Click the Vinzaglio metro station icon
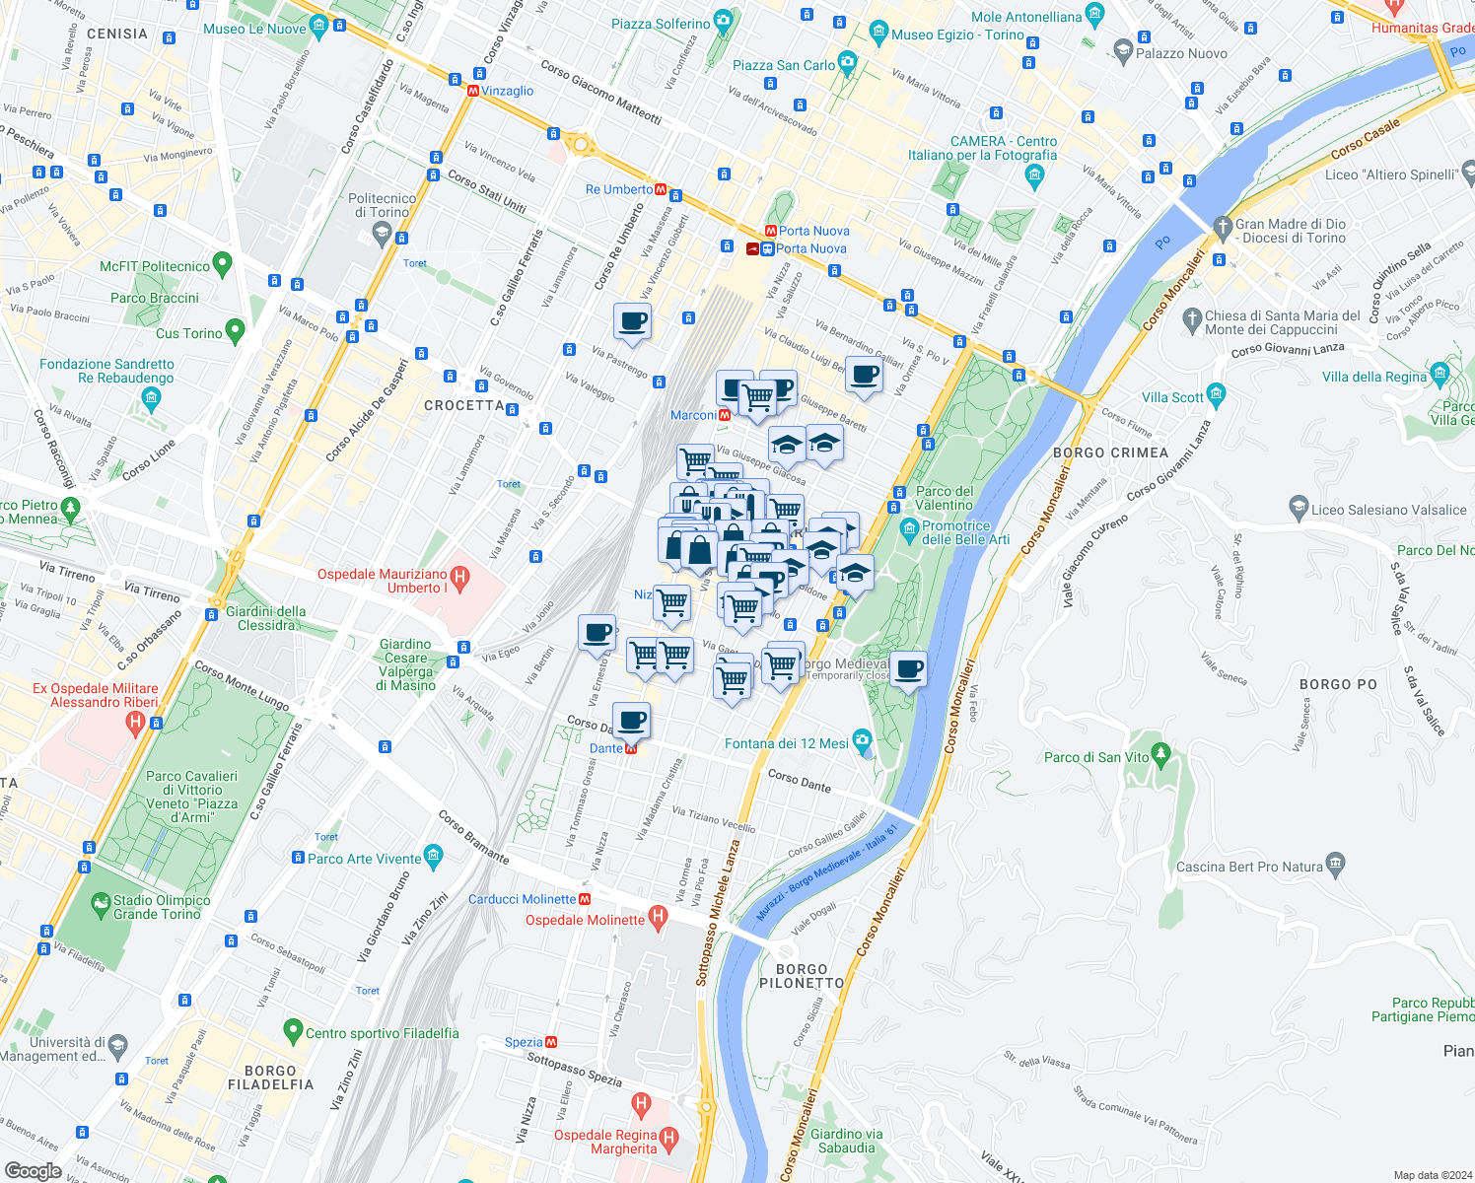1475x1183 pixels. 473,91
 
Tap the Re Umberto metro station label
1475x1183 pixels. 618,189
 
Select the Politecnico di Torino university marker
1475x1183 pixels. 382,234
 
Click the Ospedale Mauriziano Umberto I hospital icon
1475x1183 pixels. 458,576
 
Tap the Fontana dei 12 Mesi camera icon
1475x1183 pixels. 863,740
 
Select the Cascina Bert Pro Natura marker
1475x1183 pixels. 1335,864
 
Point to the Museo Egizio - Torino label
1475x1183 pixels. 957,35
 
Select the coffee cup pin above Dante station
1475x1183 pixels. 631,721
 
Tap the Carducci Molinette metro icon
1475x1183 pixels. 586,899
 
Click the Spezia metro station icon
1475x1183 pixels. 551,1042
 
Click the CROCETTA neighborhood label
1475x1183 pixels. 464,405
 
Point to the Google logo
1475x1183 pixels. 33,1170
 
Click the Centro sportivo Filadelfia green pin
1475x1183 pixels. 292,1031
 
